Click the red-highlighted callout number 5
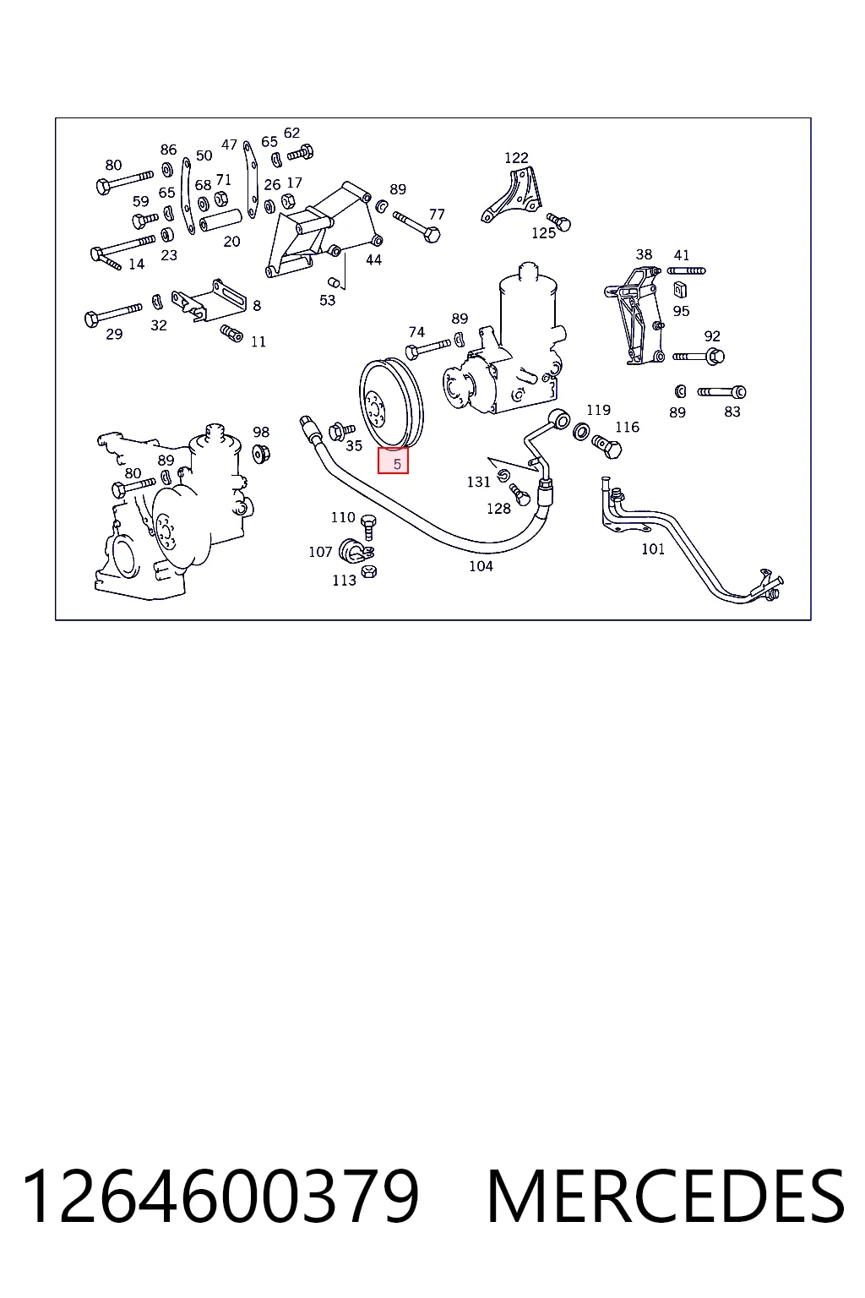[397, 464]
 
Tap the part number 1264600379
[220, 1196]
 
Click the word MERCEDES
[666, 1196]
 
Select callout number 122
[516, 158]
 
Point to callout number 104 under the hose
[481, 566]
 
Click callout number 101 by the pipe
[653, 548]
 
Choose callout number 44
[373, 259]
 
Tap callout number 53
[328, 300]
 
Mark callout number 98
[261, 432]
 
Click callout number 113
[344, 580]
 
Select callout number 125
[543, 233]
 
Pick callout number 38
[644, 254]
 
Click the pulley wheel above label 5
[392, 403]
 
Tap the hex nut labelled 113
[368, 572]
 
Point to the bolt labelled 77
[416, 226]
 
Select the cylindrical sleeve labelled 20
[220, 220]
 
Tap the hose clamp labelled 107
[355, 551]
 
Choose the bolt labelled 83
[722, 392]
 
